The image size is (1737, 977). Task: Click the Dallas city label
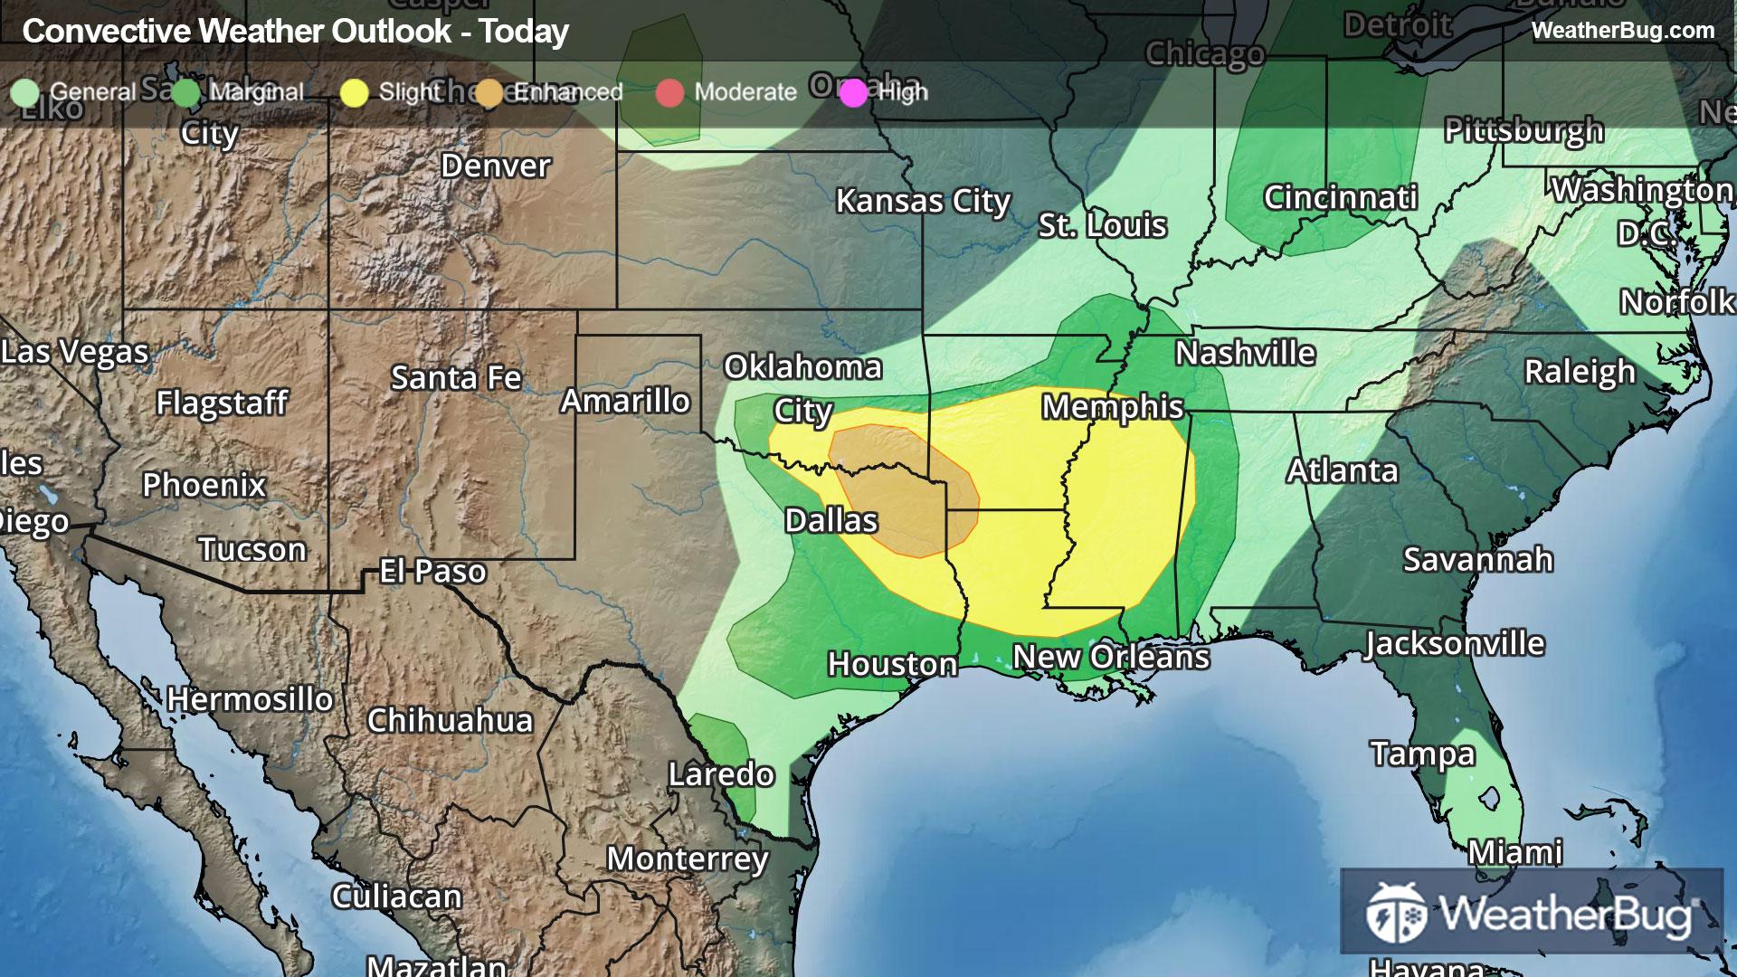831,520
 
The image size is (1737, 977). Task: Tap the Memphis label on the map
1112,407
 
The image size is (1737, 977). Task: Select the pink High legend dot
853,92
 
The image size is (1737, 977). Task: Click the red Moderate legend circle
669,92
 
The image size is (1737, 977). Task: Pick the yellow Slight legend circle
355,92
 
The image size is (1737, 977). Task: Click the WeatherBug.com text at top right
1622,30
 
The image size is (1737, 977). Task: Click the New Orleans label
1110,657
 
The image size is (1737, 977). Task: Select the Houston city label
892,664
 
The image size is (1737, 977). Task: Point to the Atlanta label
1343,470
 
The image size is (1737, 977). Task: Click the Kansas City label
922,201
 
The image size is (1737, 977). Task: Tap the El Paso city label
432,571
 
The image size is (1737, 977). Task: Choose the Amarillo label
625,401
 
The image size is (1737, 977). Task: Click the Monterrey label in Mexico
687,858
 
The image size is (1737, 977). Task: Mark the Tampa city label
1422,754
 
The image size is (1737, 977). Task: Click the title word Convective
106,31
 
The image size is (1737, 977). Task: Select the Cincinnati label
1340,197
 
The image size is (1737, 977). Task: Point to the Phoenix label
204,485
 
